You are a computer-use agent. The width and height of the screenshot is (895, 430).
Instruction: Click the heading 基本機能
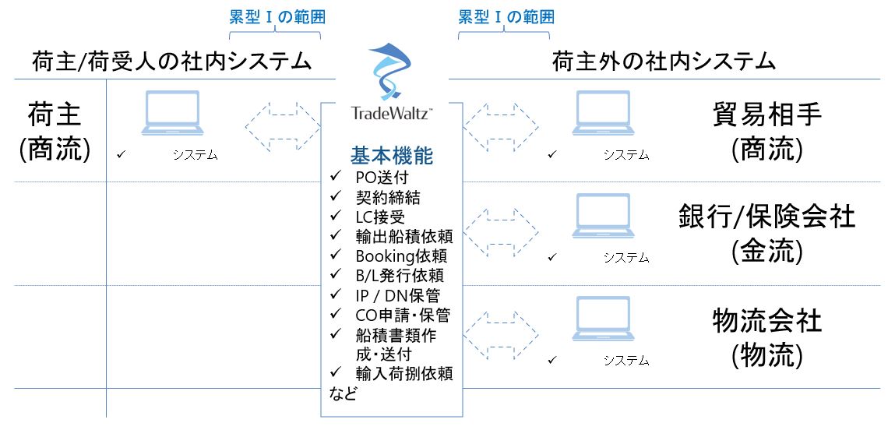(392, 156)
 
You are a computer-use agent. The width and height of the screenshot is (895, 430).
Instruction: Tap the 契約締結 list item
(388, 197)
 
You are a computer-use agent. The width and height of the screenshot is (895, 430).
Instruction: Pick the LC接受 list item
(380, 217)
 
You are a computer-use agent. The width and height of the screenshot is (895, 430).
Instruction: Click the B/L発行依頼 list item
(400, 275)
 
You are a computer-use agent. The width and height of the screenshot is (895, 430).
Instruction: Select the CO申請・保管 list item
(403, 314)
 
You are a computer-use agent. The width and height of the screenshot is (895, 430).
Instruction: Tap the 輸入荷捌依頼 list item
(404, 373)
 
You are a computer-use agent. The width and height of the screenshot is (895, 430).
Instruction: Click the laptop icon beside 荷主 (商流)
(172, 113)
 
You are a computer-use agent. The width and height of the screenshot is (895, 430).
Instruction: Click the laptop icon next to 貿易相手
(604, 113)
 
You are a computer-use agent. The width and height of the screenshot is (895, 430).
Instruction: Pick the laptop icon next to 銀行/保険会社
(604, 216)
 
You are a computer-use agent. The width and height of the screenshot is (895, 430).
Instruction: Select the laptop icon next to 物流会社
(604, 319)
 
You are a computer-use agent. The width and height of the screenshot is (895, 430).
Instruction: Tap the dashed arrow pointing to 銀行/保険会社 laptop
(501, 232)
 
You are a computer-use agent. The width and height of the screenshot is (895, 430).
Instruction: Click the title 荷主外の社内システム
(664, 62)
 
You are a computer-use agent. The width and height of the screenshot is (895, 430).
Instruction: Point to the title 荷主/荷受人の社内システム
(172, 62)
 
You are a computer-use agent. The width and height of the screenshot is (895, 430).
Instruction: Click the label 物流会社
(767, 321)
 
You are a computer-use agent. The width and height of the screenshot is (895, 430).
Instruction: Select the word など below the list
(344, 393)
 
